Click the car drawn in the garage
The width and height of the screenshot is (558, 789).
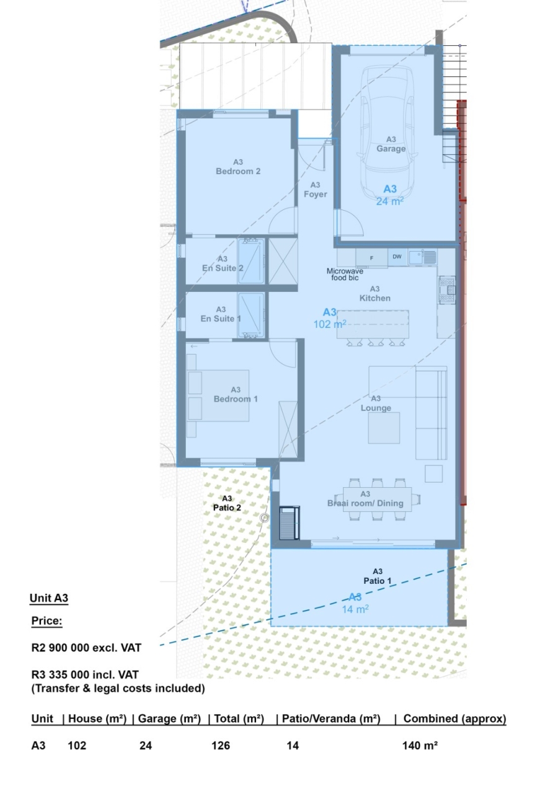click(387, 118)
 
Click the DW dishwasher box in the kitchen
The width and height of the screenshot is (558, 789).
click(397, 257)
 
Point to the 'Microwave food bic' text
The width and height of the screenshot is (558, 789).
click(345, 275)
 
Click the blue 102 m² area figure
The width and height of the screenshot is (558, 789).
click(330, 324)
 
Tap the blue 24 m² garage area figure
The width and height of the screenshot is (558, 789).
click(390, 201)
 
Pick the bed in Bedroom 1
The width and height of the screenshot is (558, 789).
click(218, 395)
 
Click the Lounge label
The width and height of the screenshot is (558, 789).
click(376, 408)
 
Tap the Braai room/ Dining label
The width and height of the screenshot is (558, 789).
click(365, 503)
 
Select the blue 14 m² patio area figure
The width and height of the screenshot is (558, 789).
click(355, 609)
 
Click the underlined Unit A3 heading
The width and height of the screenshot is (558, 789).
click(49, 598)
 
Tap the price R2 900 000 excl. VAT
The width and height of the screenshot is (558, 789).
click(86, 648)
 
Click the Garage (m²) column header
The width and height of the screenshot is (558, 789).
click(169, 719)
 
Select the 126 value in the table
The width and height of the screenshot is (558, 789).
click(221, 746)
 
